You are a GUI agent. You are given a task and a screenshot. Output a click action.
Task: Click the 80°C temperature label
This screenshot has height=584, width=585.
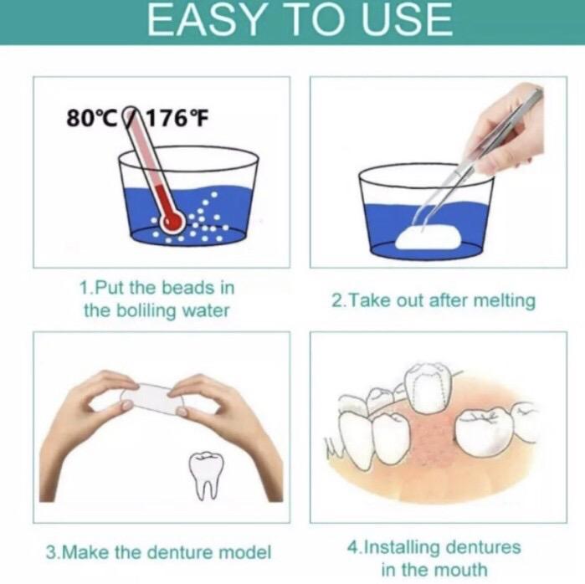(x=92, y=118)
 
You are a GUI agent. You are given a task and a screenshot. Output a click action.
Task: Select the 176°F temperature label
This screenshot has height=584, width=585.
(x=176, y=118)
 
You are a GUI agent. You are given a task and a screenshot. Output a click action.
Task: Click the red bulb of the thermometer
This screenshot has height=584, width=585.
(x=172, y=223)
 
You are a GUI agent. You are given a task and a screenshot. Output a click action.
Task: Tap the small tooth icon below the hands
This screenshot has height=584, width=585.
(x=206, y=474)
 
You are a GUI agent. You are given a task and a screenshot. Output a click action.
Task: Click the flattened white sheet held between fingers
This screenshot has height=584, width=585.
(x=152, y=399)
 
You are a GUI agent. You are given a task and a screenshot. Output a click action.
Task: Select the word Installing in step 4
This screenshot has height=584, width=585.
(x=402, y=548)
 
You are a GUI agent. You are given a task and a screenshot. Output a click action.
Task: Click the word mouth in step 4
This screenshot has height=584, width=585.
(x=461, y=570)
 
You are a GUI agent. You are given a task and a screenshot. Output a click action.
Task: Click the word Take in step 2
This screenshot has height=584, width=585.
(x=370, y=300)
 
